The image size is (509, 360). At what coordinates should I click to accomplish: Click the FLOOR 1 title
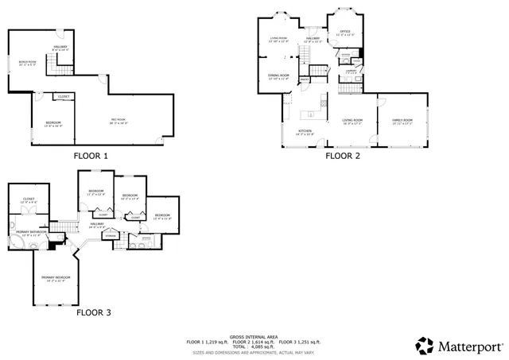91,156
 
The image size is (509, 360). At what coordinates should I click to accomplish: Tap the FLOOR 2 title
343,156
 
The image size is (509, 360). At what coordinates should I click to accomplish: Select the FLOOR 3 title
94,312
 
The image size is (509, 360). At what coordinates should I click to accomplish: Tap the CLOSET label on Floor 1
63,97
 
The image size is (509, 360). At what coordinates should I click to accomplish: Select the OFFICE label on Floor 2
345,32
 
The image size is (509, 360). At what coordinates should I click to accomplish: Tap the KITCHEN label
305,130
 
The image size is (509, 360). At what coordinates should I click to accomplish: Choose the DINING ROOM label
278,75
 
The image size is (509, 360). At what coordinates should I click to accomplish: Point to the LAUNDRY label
349,72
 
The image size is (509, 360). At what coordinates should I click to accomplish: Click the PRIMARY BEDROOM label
56,277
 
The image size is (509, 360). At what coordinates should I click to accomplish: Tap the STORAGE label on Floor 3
111,235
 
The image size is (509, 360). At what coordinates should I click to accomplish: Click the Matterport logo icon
425,346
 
